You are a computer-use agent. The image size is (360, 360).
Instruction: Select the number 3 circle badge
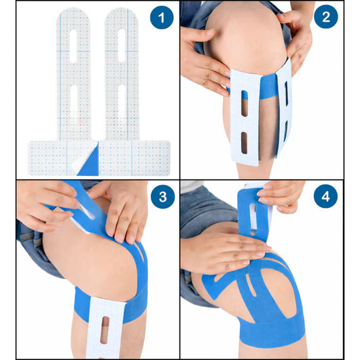point(162,198)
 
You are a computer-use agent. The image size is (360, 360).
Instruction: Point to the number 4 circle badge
point(325,198)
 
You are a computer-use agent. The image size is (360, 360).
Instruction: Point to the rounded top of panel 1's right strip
point(122,17)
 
